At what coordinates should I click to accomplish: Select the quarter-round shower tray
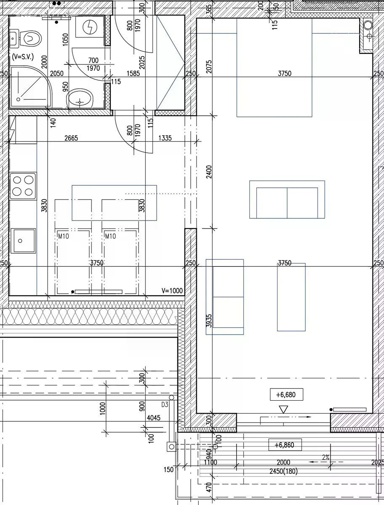[x=31, y=87]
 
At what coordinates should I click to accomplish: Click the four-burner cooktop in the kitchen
[x=23, y=186]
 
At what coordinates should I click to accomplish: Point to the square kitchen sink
[x=23, y=241]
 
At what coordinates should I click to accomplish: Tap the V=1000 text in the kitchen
[x=172, y=290]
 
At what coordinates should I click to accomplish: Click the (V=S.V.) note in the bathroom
[x=23, y=56]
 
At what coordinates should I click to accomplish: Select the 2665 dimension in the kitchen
[x=71, y=138]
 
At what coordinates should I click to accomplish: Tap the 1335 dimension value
[x=165, y=138]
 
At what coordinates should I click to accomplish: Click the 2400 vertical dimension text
[x=209, y=172]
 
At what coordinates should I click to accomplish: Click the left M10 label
[x=64, y=236]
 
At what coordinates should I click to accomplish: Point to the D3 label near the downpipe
[x=165, y=405]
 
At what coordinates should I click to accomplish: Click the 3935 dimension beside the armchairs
[x=209, y=321]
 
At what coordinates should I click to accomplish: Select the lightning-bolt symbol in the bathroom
[x=90, y=27]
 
